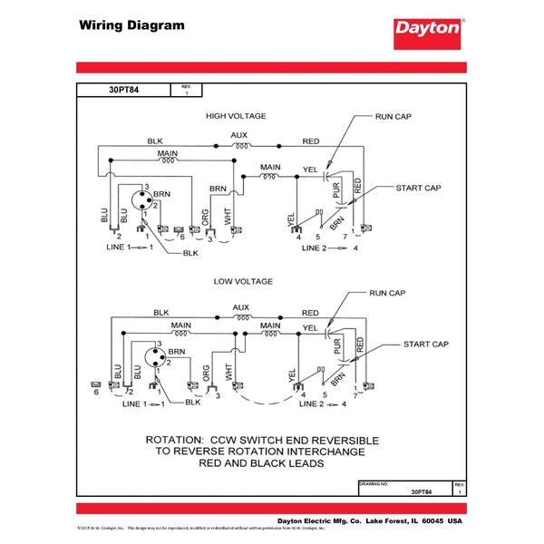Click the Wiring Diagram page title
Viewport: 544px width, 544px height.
pos(131,25)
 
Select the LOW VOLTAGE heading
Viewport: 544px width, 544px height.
pos(242,282)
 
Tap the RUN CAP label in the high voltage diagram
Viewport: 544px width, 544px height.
pos(393,118)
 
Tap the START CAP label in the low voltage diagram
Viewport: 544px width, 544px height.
pos(426,345)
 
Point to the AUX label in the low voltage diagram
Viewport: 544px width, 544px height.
pos(240,307)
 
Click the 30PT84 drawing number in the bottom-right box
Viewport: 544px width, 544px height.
pos(421,491)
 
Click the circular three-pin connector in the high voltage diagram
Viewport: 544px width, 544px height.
pos(142,200)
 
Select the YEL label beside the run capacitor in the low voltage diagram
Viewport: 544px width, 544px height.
pos(309,327)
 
